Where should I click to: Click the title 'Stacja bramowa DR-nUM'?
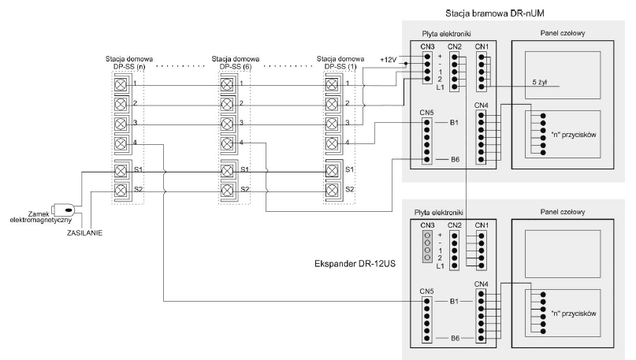(494, 13)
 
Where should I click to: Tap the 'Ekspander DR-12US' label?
(355, 264)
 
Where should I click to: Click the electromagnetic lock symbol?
(64, 210)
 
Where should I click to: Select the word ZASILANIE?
(84, 233)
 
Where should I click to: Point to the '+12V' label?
(388, 60)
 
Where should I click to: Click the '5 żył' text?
(540, 83)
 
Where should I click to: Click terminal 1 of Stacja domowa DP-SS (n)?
(121, 85)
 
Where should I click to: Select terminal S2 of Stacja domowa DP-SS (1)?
(332, 190)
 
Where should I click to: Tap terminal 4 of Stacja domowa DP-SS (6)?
(227, 143)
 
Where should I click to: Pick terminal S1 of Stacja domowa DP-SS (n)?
(121, 171)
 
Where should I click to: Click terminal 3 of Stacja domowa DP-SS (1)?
(332, 123)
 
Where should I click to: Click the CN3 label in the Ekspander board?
(427, 225)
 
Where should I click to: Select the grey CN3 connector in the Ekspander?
(427, 247)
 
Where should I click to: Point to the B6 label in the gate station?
(455, 160)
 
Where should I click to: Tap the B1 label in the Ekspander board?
(454, 302)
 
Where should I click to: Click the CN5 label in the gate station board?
(426, 113)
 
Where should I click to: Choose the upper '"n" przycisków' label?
(574, 135)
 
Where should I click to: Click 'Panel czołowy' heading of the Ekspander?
(563, 212)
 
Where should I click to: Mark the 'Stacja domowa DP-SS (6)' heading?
(236, 63)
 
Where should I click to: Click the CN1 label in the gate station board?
(482, 46)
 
